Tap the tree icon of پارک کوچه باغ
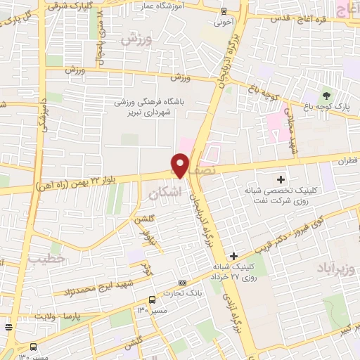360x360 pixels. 325,95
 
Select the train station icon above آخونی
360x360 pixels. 224,11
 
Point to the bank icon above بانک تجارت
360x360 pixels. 183,283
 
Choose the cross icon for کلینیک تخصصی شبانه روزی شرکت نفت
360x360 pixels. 282,181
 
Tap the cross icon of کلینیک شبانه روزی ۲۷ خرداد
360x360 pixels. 234,255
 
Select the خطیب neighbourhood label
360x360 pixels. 46,259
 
